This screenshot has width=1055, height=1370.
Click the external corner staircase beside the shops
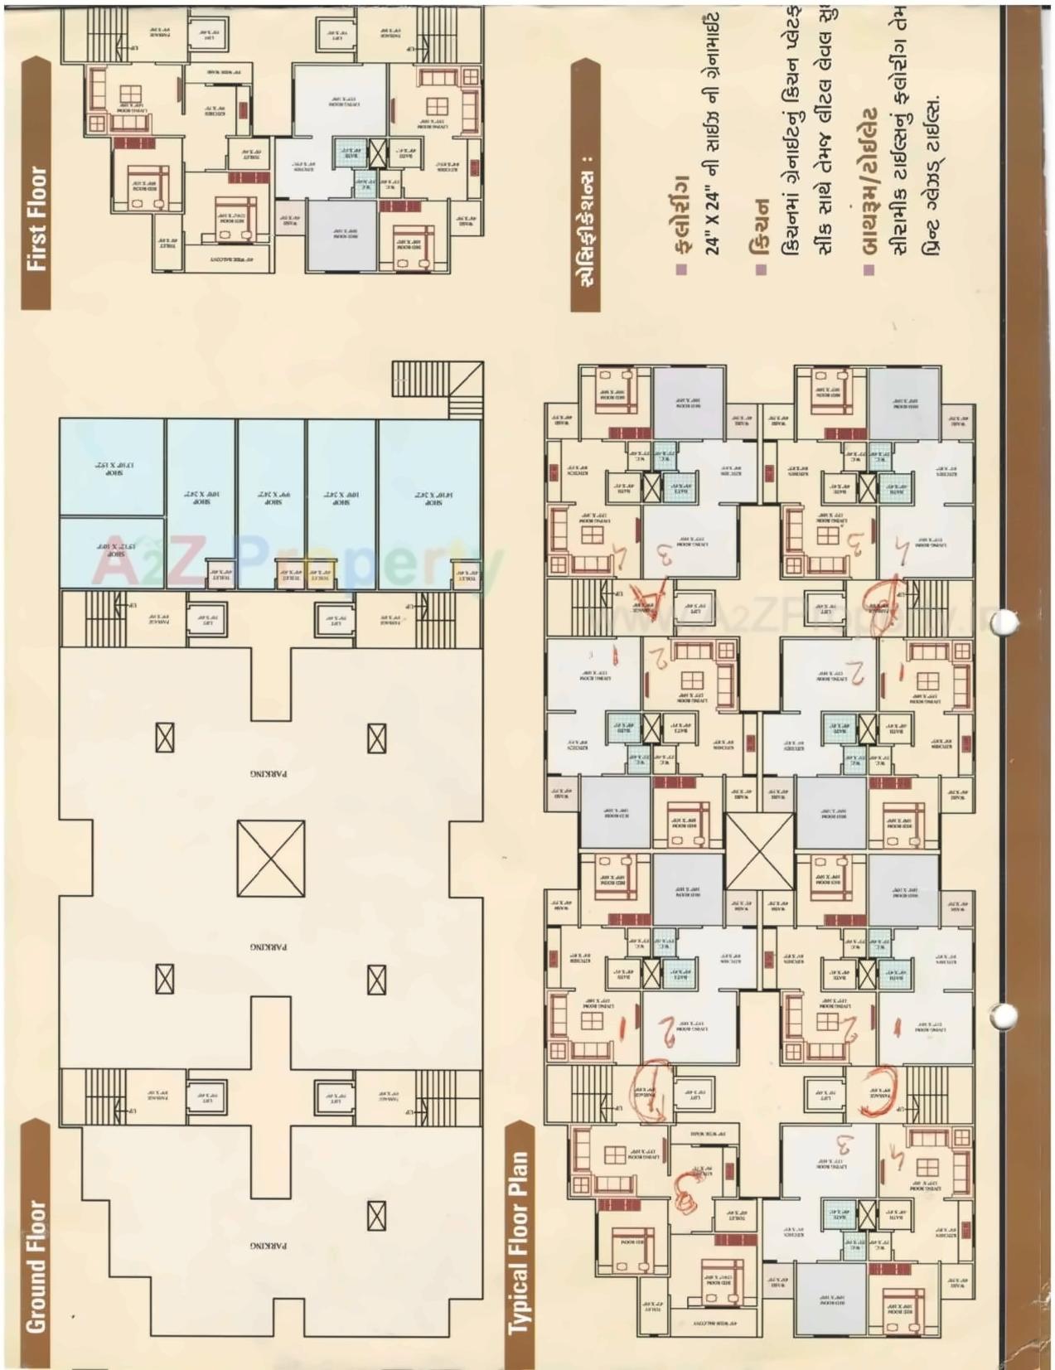[x=437, y=389]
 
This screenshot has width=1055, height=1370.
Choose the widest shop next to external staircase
[x=428, y=503]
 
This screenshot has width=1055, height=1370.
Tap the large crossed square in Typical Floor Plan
[x=759, y=850]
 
